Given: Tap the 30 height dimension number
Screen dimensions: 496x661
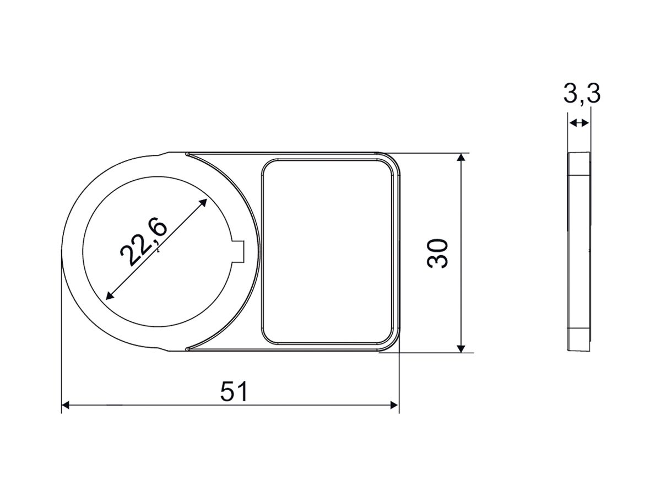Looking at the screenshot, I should [x=438, y=253].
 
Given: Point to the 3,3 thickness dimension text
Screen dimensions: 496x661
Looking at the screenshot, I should [x=582, y=94].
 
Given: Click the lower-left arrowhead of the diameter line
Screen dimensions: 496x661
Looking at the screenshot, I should [x=109, y=296].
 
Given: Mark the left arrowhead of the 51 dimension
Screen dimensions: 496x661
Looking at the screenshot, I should [x=65, y=405].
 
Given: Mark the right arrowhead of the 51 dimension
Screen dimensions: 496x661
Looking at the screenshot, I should [x=394, y=405].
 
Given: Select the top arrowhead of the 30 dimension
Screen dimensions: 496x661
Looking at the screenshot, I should [x=462, y=158].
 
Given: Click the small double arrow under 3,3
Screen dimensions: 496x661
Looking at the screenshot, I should [x=579, y=123].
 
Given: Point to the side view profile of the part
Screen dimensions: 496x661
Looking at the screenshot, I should [x=580, y=251].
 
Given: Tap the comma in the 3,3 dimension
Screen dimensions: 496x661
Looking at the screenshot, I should [x=582, y=102].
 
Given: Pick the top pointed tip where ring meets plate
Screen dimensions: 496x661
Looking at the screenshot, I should [x=188, y=154].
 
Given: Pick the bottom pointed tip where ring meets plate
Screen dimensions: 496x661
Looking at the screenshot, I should [x=188, y=349].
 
